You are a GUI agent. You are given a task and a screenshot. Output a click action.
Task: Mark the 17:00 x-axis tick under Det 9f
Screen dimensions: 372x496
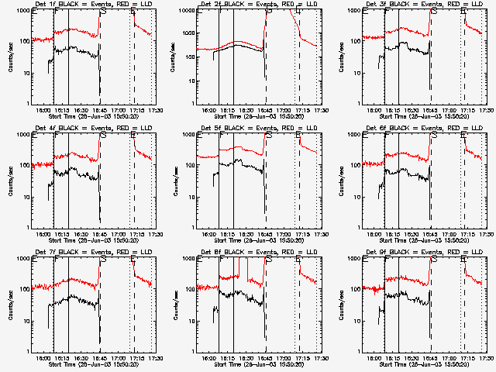pyautogui.click(x=450, y=359)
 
